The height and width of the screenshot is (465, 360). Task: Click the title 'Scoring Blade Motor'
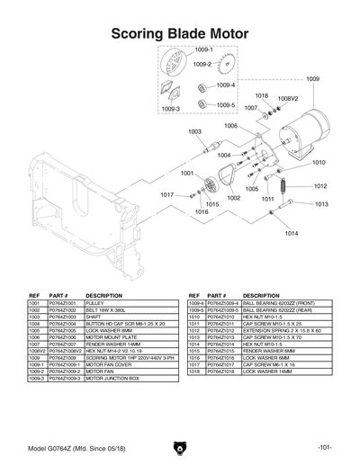click(x=180, y=34)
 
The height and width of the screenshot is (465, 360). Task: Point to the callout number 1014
click(x=291, y=233)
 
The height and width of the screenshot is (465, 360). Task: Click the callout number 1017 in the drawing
click(x=166, y=194)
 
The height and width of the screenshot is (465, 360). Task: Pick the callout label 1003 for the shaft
click(x=194, y=131)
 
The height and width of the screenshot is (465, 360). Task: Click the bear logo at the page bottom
click(x=179, y=447)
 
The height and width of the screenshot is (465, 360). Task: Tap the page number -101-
click(x=327, y=447)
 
